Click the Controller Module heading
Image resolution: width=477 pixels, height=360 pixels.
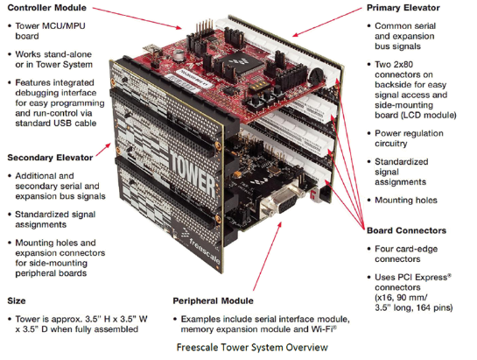47,8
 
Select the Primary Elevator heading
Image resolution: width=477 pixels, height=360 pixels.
403,8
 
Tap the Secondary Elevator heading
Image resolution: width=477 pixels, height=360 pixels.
50,158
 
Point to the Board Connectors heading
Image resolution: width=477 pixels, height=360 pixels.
406,230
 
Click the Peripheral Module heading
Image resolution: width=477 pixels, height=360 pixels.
213,301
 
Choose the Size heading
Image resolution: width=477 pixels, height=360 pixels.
17,301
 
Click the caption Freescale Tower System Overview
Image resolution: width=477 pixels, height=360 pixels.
252,347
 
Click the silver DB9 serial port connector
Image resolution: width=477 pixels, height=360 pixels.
280,200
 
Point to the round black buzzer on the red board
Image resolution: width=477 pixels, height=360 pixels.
316,75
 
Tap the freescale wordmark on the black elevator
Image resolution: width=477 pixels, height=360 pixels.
204,251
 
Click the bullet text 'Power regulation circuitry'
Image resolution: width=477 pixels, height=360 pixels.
409,138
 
